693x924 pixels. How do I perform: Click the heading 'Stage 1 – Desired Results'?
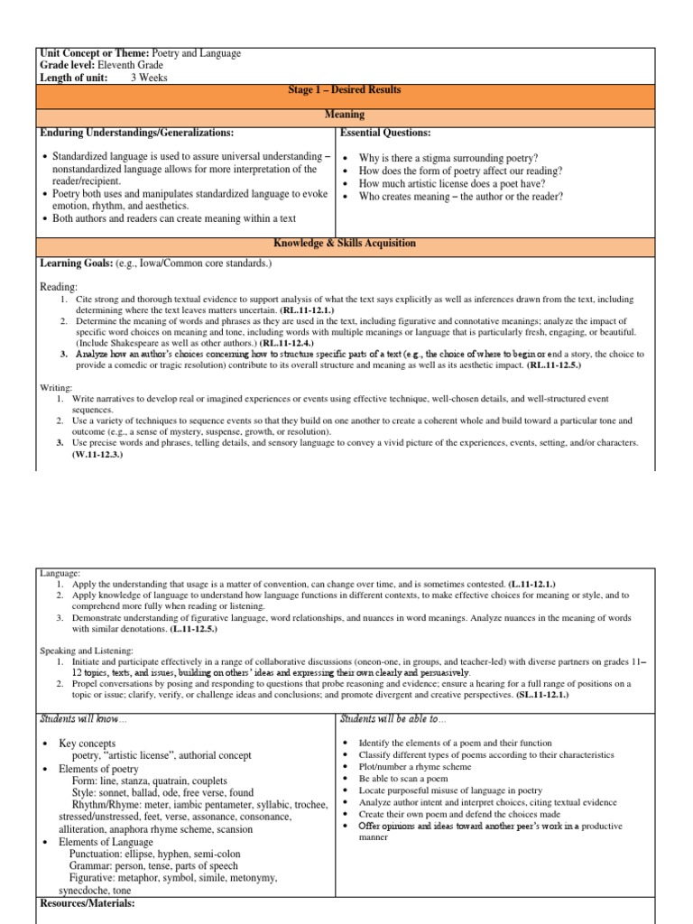(339, 90)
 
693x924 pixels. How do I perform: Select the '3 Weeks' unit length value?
(150, 78)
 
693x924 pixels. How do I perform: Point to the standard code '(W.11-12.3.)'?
(97, 454)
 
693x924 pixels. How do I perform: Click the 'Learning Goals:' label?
(75, 263)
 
